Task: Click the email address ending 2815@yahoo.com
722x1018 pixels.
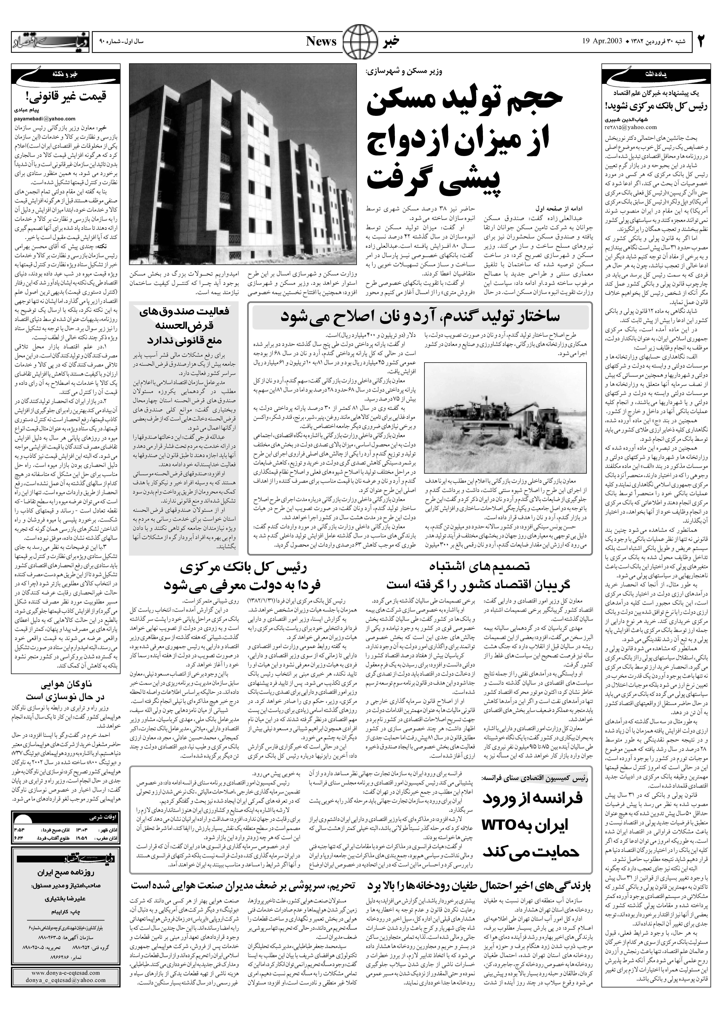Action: pyautogui.click(x=627, y=127)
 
